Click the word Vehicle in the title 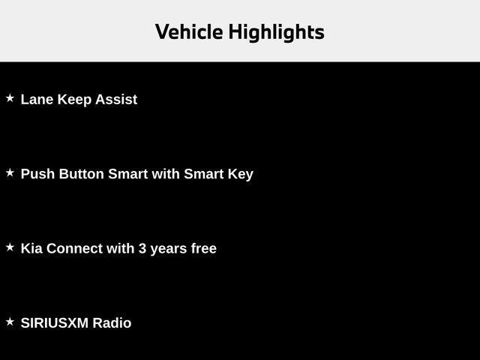(x=189, y=32)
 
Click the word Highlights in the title (x=276, y=32)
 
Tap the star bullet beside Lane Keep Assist (x=10, y=98)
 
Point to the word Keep (x=74, y=99)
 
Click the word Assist (x=116, y=99)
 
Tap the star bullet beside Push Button (x=10, y=172)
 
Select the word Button (x=82, y=174)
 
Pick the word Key (x=241, y=174)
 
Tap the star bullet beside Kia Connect (x=10, y=247)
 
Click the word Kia (x=31, y=248)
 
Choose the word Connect (x=74, y=248)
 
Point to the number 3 (x=142, y=248)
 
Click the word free (x=204, y=248)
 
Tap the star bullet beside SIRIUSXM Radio (x=10, y=322)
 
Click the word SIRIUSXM (x=54, y=323)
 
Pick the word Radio (x=112, y=323)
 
